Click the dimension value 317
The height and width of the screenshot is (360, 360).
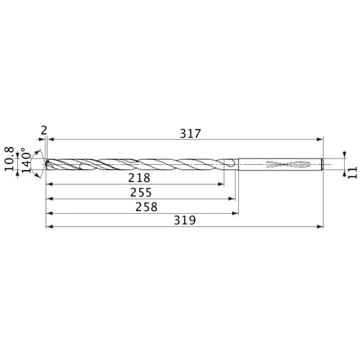click(x=189, y=133)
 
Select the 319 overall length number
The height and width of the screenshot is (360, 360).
click(x=189, y=220)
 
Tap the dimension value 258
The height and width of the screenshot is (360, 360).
click(x=147, y=206)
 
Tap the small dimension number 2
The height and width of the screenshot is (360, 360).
click(x=44, y=130)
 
